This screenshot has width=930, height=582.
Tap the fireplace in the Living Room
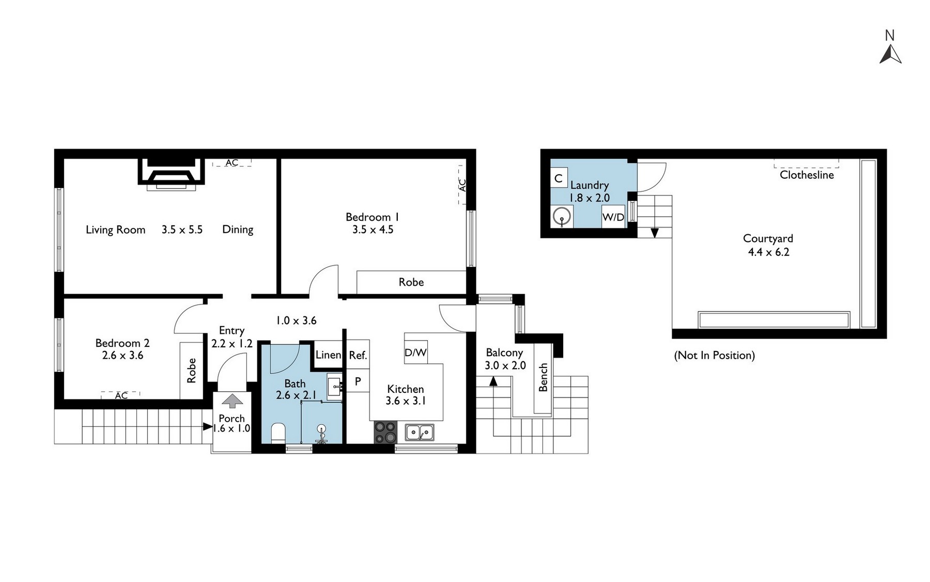172,174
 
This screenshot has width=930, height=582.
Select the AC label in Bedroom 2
121,395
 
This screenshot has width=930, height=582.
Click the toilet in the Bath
278,433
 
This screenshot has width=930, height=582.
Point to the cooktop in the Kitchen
385,433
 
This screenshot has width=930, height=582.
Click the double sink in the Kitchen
420,432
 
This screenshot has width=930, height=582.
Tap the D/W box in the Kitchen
415,353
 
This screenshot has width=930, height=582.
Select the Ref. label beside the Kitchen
358,355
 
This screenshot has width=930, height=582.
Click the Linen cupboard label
328,355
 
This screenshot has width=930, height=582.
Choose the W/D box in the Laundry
613,217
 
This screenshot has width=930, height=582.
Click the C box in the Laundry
559,179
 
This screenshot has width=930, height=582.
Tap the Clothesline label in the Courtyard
807,175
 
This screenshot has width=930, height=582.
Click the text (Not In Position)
715,355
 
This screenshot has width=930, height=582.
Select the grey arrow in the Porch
232,400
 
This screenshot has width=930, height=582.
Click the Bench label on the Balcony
543,377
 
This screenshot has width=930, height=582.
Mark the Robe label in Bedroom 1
411,282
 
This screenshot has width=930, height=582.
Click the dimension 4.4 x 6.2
768,252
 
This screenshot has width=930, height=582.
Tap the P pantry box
358,381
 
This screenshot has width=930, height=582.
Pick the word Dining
238,229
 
